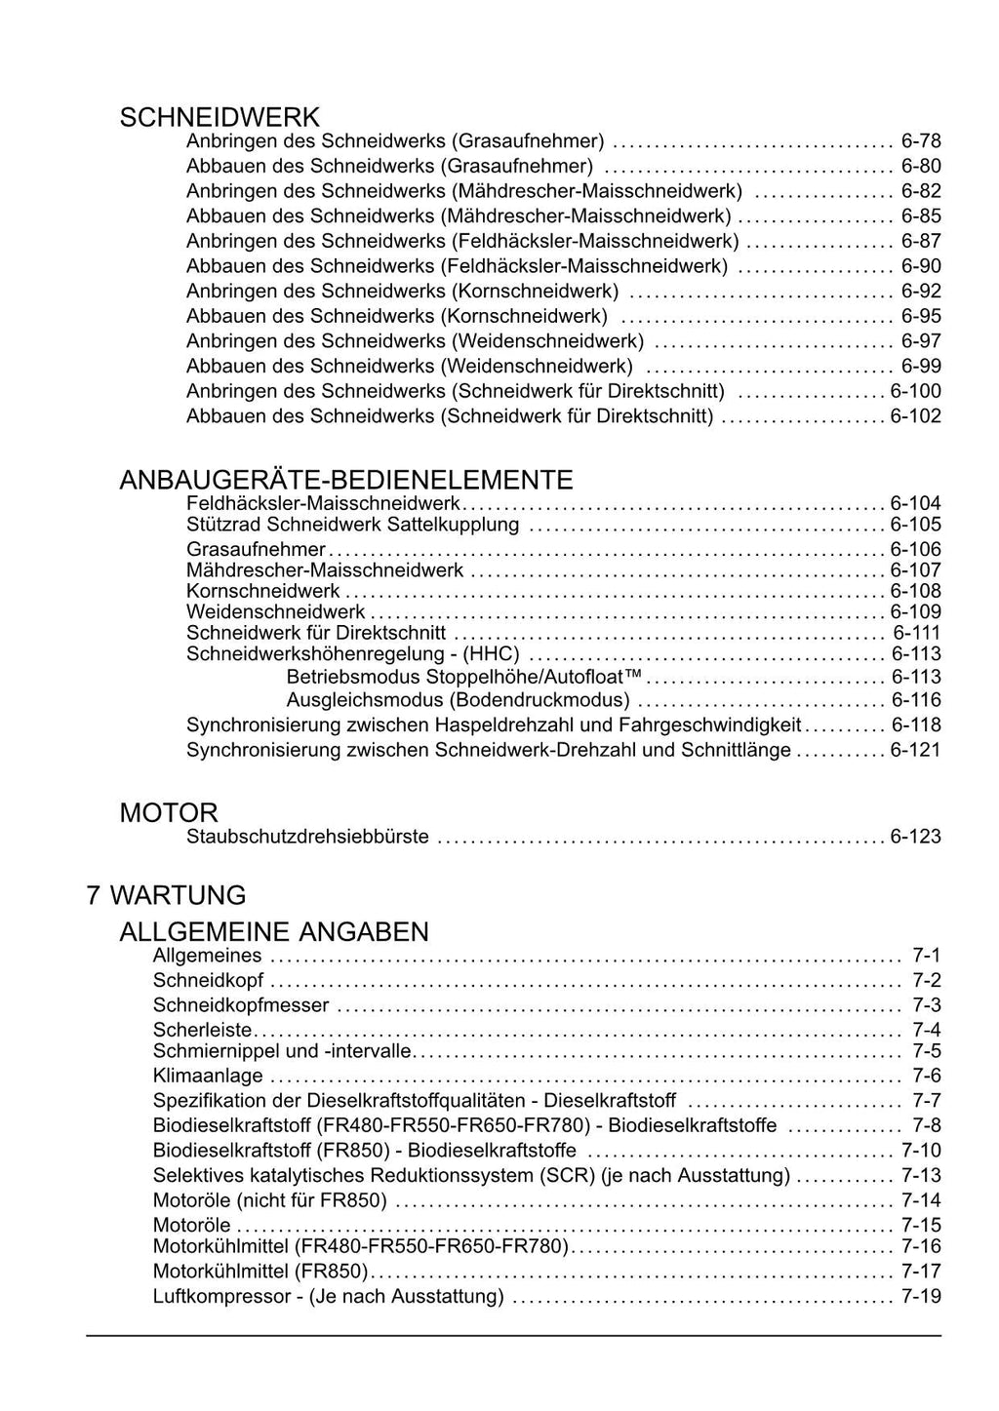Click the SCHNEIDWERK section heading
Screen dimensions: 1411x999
coord(220,118)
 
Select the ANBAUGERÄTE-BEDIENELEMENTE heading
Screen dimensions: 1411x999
coord(345,480)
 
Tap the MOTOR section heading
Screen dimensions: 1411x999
coord(169,812)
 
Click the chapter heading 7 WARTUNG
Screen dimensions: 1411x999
coord(166,894)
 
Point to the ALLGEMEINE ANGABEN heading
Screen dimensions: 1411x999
coord(274,931)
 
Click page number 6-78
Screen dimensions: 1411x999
coord(921,141)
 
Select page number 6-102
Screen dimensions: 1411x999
coord(915,416)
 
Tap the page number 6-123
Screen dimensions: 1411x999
coord(915,837)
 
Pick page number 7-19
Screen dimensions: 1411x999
coord(921,1296)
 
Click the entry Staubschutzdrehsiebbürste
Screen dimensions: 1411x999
coord(307,837)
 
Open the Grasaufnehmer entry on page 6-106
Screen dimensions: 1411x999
coord(256,549)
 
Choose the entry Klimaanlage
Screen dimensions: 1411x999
coord(208,1076)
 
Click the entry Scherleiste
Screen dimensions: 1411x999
coord(202,1030)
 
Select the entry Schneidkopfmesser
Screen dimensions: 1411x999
coord(241,1004)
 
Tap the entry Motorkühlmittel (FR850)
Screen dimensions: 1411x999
coord(260,1271)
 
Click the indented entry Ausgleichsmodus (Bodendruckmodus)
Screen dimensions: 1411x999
coord(458,700)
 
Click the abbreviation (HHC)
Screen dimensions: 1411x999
coord(491,653)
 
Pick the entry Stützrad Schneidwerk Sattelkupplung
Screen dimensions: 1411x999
coord(352,525)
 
